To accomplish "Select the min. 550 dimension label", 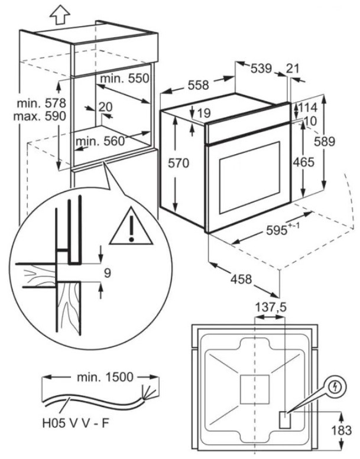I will [x=124, y=79].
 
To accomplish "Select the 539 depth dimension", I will [x=260, y=69].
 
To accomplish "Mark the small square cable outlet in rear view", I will [x=285, y=419].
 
